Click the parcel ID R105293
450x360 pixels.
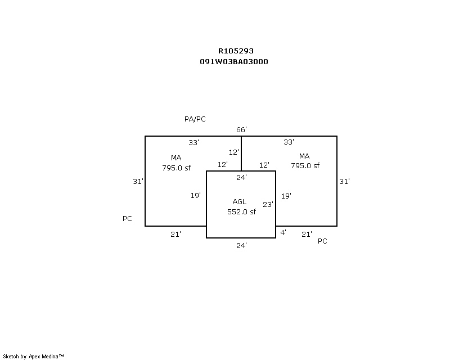click(236, 51)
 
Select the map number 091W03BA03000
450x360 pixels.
click(234, 62)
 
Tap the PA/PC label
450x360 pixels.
click(195, 119)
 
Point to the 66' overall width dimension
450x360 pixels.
click(241, 130)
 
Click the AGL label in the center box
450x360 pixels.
click(240, 202)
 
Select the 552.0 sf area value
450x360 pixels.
click(241, 212)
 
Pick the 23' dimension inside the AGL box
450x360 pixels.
click(268, 204)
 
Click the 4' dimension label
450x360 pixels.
click(283, 232)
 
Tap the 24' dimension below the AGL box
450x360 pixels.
click(241, 245)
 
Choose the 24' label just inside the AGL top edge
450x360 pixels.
click(241, 177)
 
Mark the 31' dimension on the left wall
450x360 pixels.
click(138, 182)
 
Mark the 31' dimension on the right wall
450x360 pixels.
click(344, 182)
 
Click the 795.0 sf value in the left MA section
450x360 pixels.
click(176, 168)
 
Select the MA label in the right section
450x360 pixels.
click(304, 156)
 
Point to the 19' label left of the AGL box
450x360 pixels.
click(195, 196)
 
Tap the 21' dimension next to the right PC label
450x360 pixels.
click(307, 235)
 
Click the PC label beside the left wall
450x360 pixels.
click(127, 219)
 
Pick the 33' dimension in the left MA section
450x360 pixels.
click(193, 143)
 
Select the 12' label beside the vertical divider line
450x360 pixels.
click(233, 152)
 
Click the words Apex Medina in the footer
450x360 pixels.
click(44, 357)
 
